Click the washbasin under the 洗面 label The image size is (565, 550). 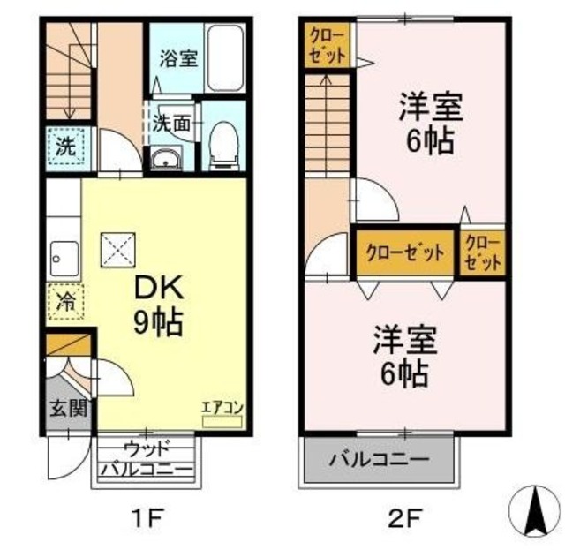(165, 159)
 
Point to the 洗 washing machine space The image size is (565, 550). (66, 147)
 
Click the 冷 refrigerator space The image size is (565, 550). (66, 302)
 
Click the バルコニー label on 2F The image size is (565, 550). (380, 460)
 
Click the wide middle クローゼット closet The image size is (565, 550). (404, 251)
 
